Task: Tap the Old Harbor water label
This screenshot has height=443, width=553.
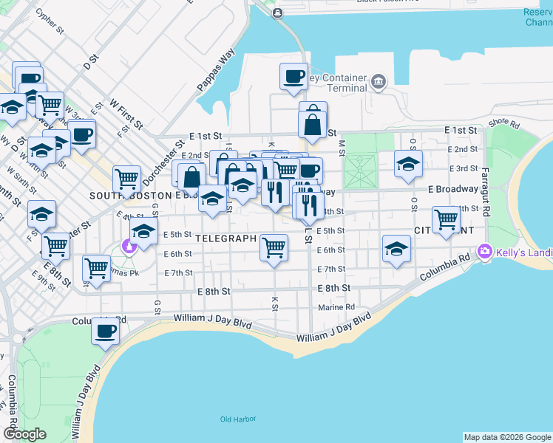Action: click(x=238, y=419)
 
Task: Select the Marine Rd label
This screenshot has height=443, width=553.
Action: click(x=336, y=307)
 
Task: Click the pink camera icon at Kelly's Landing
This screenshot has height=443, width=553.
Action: click(x=485, y=252)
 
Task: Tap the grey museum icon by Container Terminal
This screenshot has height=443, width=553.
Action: click(x=379, y=80)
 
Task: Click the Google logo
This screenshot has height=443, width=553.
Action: click(x=24, y=433)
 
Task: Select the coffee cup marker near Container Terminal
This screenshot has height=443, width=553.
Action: click(x=293, y=76)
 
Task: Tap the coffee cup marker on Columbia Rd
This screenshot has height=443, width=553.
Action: click(x=106, y=329)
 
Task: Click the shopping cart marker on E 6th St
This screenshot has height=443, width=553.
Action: click(x=274, y=247)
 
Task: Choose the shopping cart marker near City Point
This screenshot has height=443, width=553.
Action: click(x=446, y=219)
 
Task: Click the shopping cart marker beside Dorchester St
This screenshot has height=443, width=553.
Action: click(x=126, y=179)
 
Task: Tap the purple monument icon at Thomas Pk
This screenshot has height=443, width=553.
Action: click(x=131, y=247)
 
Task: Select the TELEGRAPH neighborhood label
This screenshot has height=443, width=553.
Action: click(x=226, y=239)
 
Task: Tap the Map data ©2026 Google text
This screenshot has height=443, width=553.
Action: click(x=506, y=437)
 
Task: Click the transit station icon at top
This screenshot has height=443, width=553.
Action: click(x=277, y=13)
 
